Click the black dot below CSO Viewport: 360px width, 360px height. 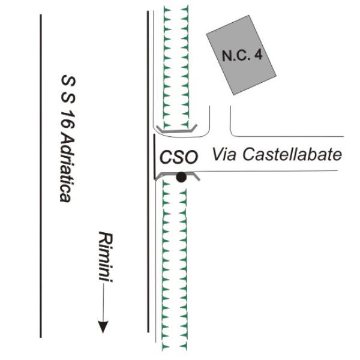[181, 177]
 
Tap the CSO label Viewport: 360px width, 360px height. [179, 157]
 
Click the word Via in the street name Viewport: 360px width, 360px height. [224, 154]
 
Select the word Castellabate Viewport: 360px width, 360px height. [292, 154]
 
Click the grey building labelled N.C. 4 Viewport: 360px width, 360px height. [241, 55]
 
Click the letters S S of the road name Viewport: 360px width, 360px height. [68, 90]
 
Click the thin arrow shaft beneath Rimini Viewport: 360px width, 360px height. [103, 302]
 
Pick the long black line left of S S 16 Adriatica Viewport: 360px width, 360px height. [41, 176]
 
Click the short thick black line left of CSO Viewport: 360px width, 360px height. [155, 157]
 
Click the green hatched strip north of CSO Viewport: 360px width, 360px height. [176, 67]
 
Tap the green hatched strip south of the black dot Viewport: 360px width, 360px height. [175, 266]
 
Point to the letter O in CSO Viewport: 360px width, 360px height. [191, 157]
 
